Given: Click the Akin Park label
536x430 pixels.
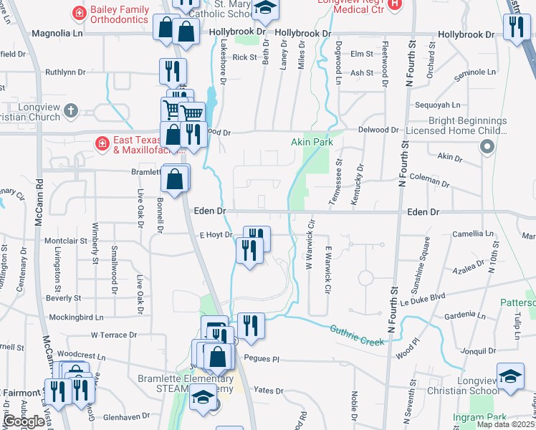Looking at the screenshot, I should pyautogui.click(x=313, y=143).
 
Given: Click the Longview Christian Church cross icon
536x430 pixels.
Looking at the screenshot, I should pyautogui.click(x=70, y=110).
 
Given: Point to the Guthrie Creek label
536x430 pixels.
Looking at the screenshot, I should pyautogui.click(x=357, y=335).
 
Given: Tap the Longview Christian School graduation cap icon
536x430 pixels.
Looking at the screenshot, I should pyautogui.click(x=509, y=376).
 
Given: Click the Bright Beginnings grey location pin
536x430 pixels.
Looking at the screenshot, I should pyautogui.click(x=487, y=147).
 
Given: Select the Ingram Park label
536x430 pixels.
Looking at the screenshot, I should pyautogui.click(x=479, y=416).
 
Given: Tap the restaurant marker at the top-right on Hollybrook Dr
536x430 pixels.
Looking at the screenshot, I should pyautogui.click(x=515, y=27).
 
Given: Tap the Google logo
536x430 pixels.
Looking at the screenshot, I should pyautogui.click(x=24, y=421).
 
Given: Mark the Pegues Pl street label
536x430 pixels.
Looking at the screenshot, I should pyautogui.click(x=260, y=358).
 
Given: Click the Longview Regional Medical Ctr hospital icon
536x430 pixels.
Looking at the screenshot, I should pyautogui.click(x=394, y=4).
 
